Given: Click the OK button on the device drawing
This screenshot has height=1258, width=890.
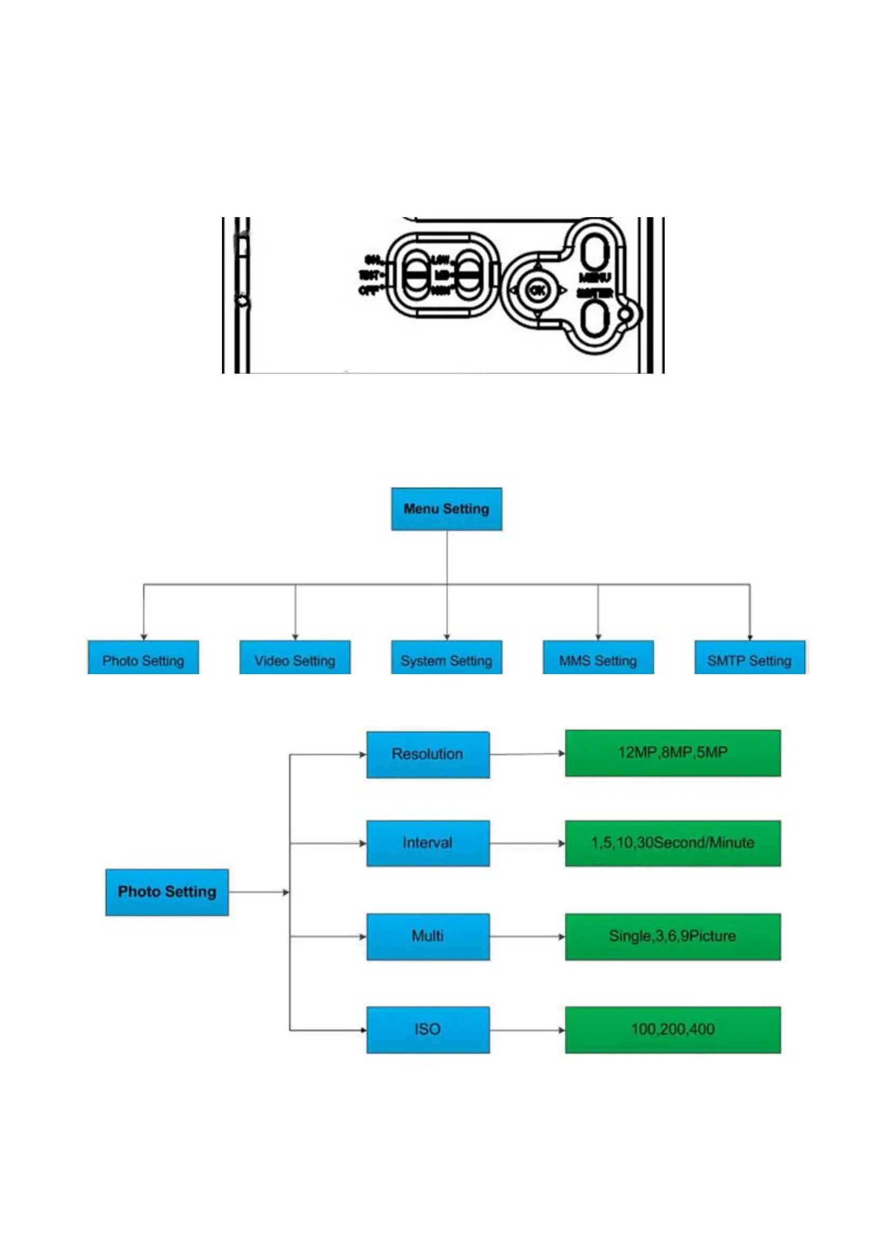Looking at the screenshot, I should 537,290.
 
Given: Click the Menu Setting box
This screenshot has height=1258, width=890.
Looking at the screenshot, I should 446,509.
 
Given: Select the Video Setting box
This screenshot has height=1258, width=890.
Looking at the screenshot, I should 295,658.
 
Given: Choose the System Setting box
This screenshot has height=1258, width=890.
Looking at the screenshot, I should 446,658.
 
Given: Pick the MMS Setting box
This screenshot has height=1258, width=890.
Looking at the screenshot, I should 598,658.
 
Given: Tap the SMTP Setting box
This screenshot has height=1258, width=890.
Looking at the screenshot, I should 749,658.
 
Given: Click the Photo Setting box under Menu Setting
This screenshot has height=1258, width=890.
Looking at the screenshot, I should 143,658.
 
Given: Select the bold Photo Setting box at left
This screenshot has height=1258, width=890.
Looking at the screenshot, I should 167,892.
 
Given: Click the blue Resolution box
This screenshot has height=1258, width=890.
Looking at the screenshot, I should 428,754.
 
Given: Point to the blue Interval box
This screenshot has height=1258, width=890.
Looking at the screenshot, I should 428,843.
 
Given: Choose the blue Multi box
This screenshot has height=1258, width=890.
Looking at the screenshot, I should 428,936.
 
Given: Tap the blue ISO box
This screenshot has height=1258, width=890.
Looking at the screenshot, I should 428,1030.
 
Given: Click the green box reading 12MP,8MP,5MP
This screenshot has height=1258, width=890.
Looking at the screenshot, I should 672,753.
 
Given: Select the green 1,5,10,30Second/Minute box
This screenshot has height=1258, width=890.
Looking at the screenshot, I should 672,843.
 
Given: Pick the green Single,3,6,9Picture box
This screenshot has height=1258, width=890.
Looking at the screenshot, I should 672,936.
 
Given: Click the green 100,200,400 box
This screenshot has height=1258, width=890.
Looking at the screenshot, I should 672,1030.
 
